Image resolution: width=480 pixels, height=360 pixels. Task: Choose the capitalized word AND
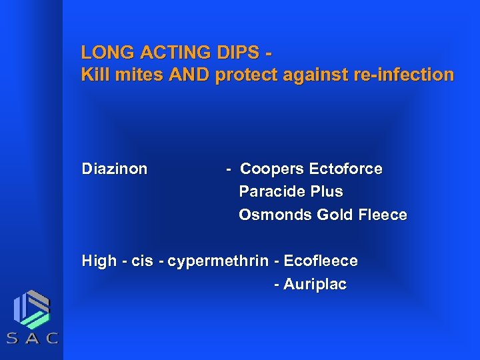(x=189, y=75)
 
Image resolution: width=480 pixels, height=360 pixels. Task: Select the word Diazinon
(x=114, y=169)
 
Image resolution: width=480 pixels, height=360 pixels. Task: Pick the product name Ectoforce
(x=345, y=169)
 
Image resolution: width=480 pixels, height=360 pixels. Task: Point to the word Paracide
(x=270, y=192)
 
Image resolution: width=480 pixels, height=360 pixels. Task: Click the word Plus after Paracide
(x=326, y=192)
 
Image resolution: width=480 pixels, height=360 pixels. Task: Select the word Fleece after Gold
(x=381, y=215)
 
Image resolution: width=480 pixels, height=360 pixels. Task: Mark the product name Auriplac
(x=315, y=285)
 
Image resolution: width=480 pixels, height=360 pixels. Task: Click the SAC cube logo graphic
(x=32, y=309)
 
